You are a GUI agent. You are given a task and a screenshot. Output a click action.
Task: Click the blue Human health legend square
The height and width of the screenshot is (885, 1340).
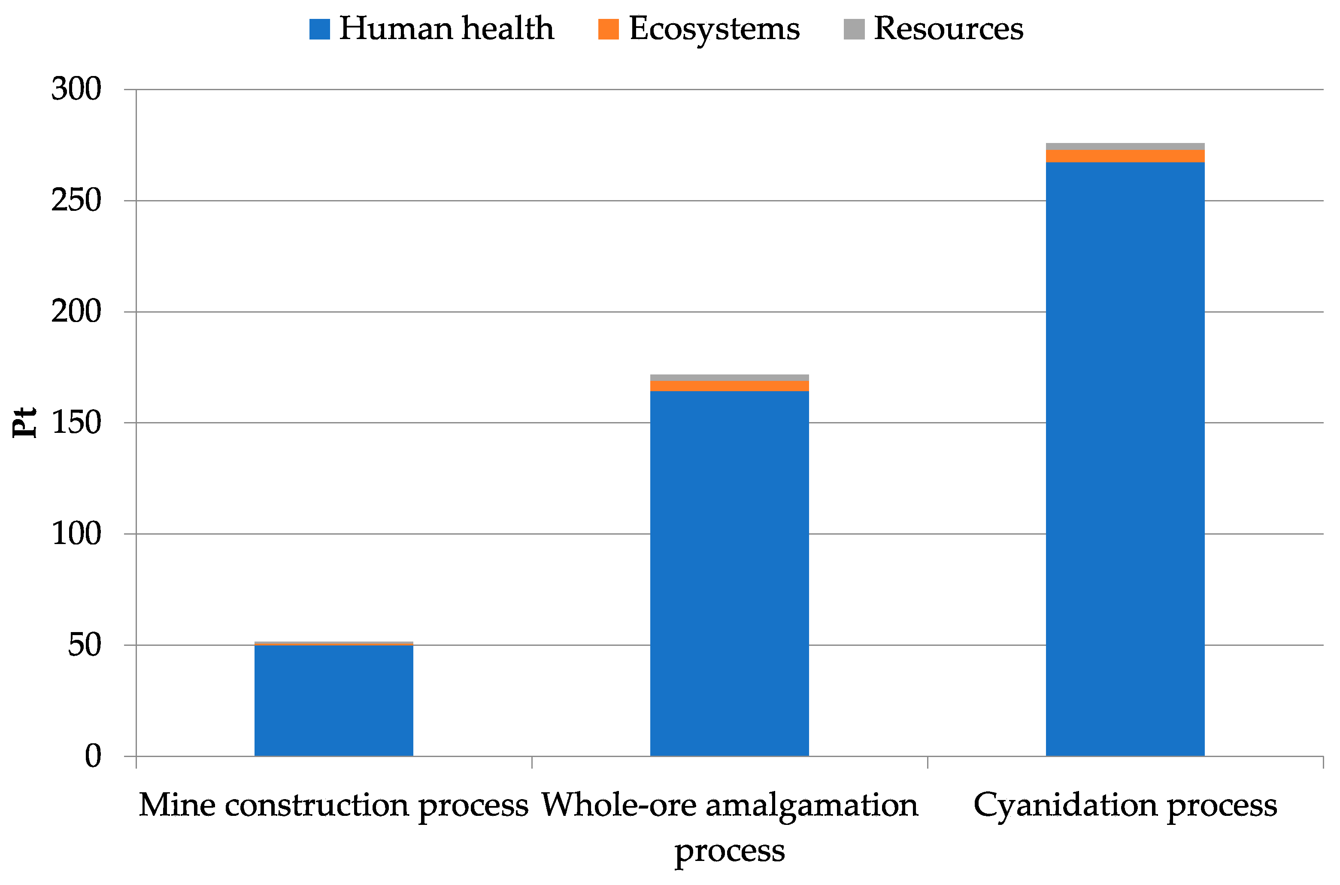tap(319, 29)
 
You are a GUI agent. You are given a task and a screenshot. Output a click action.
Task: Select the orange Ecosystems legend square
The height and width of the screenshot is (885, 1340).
tap(608, 29)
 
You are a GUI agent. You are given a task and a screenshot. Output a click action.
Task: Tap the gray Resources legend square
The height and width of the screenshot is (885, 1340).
tap(854, 29)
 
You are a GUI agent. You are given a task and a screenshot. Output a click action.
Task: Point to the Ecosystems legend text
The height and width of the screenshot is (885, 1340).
tap(714, 29)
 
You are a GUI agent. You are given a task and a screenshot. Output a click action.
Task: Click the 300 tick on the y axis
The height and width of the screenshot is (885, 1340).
tap(76, 89)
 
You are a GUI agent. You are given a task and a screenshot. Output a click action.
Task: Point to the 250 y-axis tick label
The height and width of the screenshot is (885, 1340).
tap(76, 201)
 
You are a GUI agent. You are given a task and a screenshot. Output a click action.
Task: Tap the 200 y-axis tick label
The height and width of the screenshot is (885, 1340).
tap(76, 312)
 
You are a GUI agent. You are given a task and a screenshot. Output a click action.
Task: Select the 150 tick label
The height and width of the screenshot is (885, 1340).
tap(76, 423)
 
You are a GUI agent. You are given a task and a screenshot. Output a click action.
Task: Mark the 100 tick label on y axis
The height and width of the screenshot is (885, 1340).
tap(76, 534)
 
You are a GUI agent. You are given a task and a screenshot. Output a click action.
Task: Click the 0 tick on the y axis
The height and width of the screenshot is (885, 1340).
tap(93, 756)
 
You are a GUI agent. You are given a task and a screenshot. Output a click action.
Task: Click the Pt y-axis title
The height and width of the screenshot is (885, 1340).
tap(24, 422)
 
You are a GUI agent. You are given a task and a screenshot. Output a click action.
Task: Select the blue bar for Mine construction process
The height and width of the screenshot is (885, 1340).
tap(333, 700)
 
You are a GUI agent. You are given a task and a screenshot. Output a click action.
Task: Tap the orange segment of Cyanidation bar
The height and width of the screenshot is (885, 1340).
tap(1125, 156)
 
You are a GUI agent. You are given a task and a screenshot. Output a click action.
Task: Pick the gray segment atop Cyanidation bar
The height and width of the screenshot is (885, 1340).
tap(1125, 147)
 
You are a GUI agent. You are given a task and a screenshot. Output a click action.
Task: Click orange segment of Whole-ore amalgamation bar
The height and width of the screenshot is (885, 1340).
tap(729, 386)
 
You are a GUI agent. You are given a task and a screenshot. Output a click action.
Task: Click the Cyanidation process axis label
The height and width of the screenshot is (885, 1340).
tap(1125, 806)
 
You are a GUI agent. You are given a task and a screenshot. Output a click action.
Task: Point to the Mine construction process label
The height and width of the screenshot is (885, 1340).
tap(333, 806)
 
